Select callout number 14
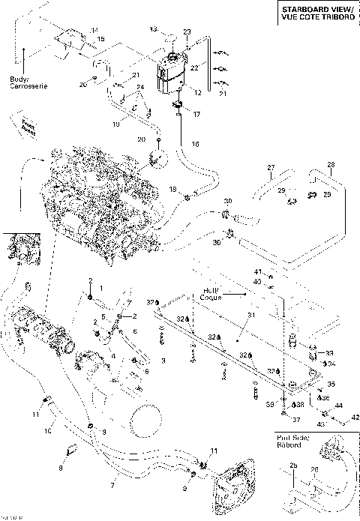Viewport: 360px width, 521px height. [94, 30]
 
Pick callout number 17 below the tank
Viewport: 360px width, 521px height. [197, 115]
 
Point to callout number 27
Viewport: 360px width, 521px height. [271, 167]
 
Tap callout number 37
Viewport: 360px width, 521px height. [296, 419]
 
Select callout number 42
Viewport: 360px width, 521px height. [355, 417]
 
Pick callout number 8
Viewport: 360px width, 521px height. [61, 469]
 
